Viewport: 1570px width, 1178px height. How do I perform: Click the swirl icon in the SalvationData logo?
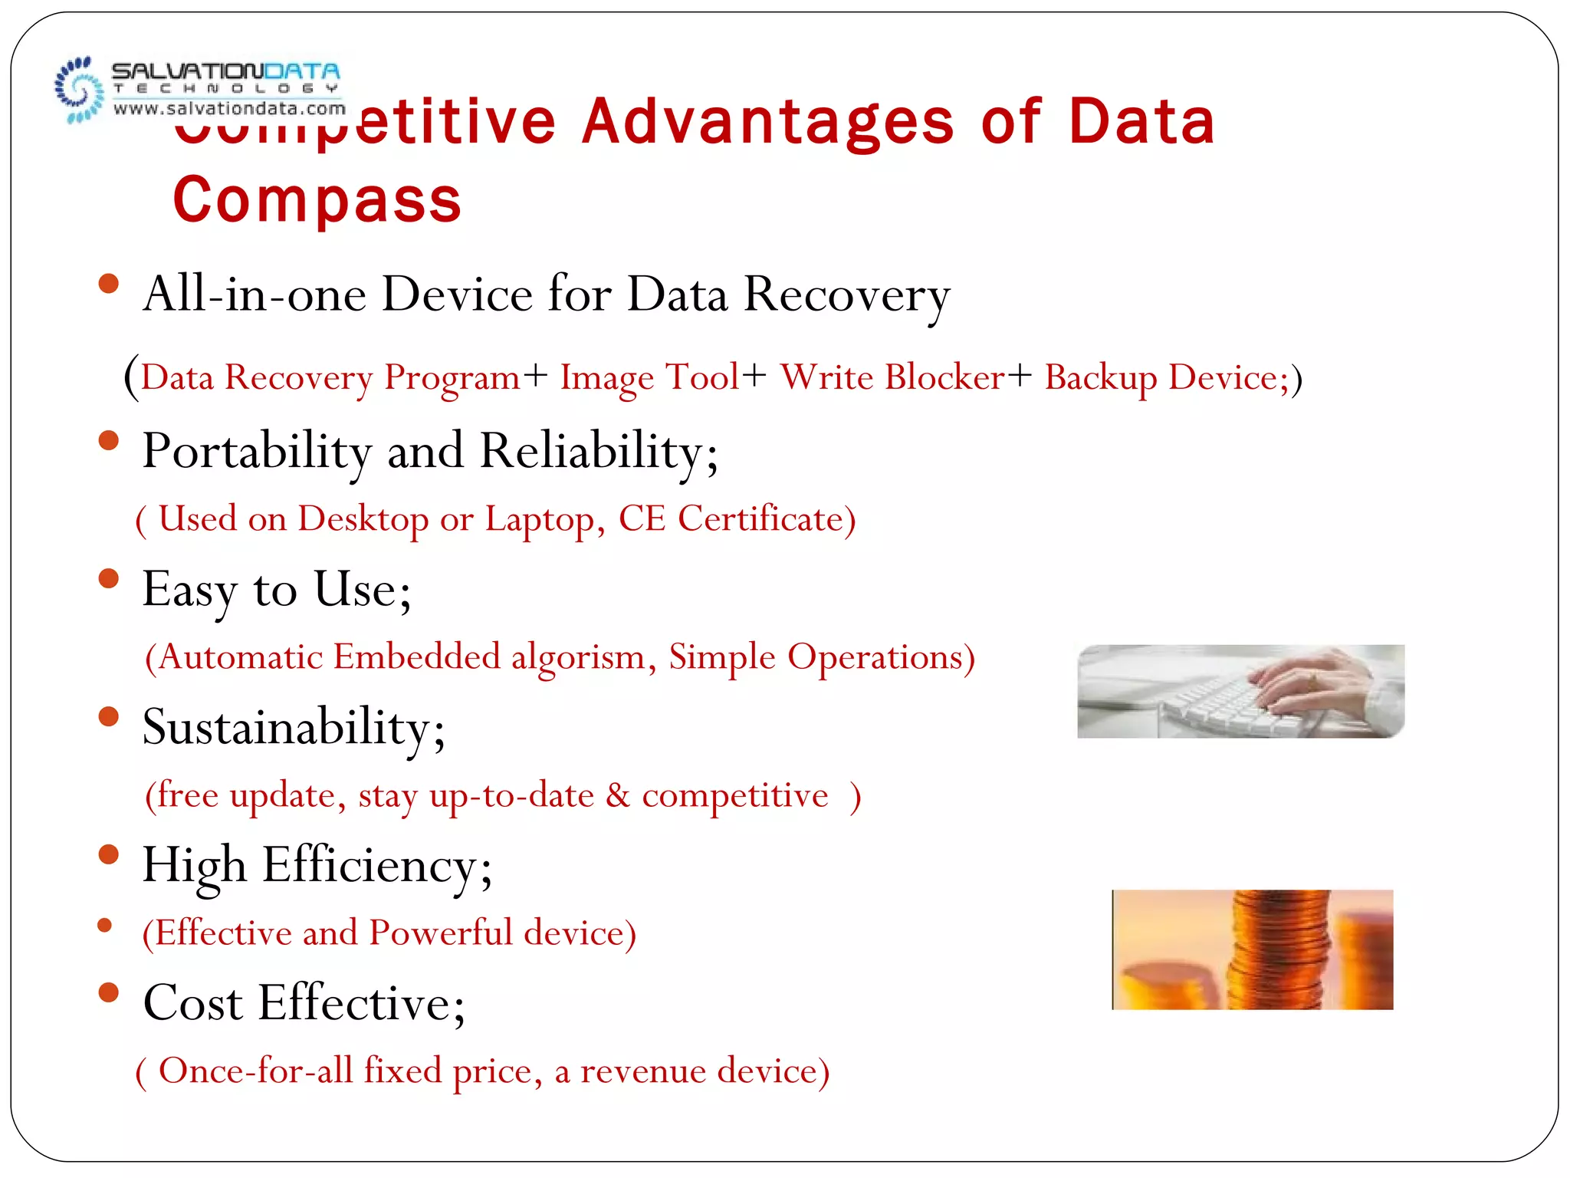click(79, 90)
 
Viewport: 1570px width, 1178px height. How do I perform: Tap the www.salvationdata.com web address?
click(229, 109)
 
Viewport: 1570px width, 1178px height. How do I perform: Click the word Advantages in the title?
click(768, 123)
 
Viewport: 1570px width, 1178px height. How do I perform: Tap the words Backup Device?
click(1166, 378)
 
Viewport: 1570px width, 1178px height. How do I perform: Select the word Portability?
click(257, 452)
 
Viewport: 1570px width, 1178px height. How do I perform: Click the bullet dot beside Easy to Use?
click(109, 578)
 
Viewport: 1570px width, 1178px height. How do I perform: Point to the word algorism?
click(578, 657)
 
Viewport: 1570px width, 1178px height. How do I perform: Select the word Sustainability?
click(287, 728)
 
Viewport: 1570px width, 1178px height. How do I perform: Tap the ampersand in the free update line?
click(617, 795)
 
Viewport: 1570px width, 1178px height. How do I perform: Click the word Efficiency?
click(371, 866)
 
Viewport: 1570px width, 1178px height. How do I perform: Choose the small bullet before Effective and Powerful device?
click(106, 926)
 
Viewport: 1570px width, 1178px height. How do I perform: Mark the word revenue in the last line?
click(642, 1071)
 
